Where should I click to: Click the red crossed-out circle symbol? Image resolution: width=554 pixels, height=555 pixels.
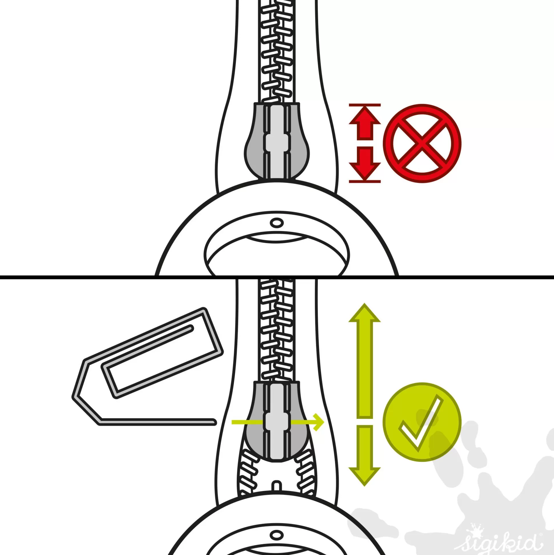(x=422, y=143)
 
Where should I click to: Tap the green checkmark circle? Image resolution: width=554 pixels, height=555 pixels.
(x=422, y=422)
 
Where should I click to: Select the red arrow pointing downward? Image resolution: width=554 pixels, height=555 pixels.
(x=364, y=164)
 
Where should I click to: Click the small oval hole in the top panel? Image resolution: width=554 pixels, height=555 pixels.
(x=276, y=222)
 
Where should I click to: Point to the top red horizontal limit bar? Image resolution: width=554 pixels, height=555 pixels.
(x=365, y=105)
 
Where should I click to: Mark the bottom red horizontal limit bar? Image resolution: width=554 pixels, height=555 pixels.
(x=365, y=182)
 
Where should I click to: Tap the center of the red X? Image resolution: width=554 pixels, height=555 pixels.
(x=422, y=143)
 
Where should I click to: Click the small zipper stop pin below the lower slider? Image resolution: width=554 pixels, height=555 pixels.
(x=276, y=485)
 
